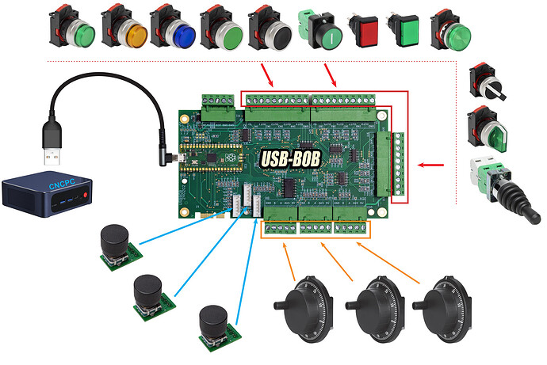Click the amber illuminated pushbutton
pyautogui.click(x=132, y=33)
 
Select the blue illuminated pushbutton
pyautogui.click(x=182, y=33)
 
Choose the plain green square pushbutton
pyautogui.click(x=407, y=32)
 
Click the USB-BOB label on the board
pyautogui.click(x=290, y=158)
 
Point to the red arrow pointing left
pyautogui.click(x=431, y=165)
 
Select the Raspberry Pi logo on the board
pyautogui.click(x=230, y=156)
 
